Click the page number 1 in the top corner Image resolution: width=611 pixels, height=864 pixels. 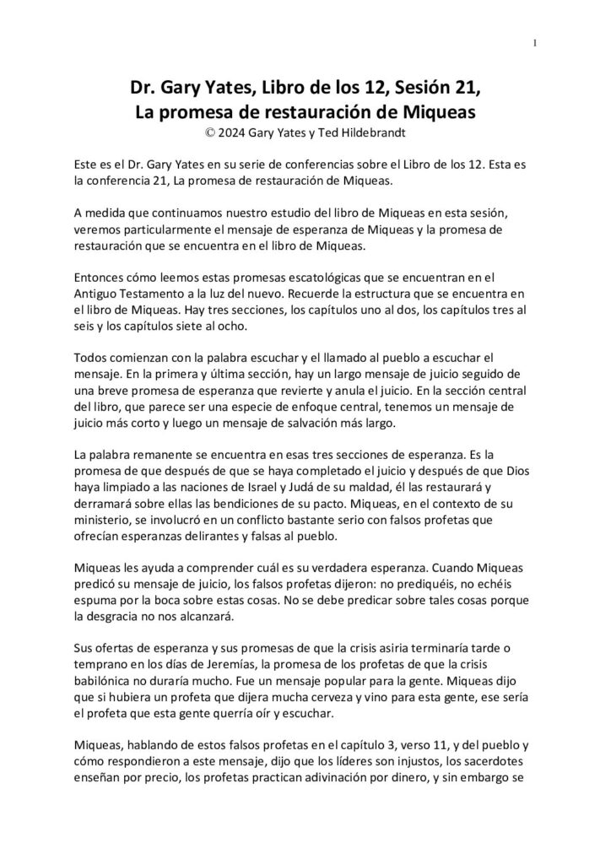pyautogui.click(x=536, y=43)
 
